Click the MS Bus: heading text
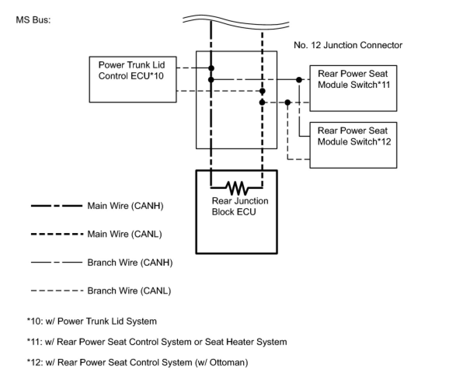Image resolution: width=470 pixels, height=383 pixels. (33, 20)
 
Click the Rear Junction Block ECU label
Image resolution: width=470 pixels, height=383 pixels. (240, 206)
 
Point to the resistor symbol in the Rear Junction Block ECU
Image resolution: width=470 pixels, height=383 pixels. (237, 188)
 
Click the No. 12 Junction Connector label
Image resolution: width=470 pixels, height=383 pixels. (348, 45)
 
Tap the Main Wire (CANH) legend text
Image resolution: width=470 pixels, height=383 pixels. (125, 205)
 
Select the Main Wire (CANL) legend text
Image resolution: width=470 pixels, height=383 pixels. (125, 234)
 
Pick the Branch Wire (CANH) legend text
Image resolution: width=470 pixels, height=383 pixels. (130, 262)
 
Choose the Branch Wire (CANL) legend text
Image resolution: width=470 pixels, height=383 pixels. (129, 291)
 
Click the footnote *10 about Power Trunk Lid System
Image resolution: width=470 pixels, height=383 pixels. (92, 321)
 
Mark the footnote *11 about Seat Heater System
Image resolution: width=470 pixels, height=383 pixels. (157, 342)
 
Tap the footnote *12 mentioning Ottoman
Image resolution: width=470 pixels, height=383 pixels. (138, 362)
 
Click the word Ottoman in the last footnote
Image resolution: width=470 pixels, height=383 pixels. (227, 362)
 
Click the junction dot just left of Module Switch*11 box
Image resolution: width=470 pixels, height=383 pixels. (299, 80)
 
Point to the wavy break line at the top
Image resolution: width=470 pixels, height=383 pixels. (236, 22)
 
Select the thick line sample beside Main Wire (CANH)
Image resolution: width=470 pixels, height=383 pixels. (57, 206)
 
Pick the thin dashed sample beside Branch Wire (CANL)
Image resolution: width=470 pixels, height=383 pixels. (57, 291)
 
